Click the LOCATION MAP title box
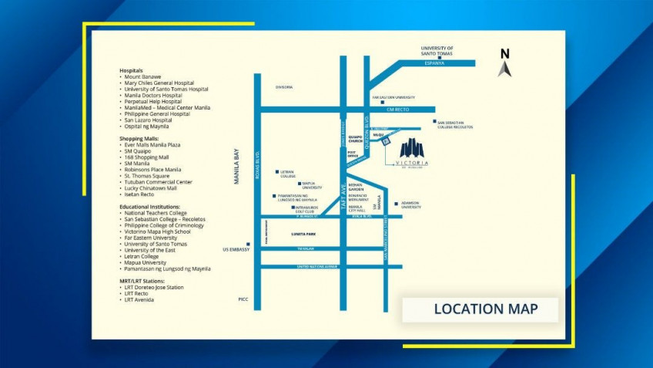[x=485, y=309]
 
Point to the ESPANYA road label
[x=435, y=62]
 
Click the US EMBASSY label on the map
[x=236, y=249]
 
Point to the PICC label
[x=243, y=299]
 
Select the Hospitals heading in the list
[x=131, y=70]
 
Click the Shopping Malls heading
[x=139, y=138]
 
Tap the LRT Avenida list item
[x=142, y=299]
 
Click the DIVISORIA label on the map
[x=284, y=87]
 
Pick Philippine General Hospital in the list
[x=157, y=114]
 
